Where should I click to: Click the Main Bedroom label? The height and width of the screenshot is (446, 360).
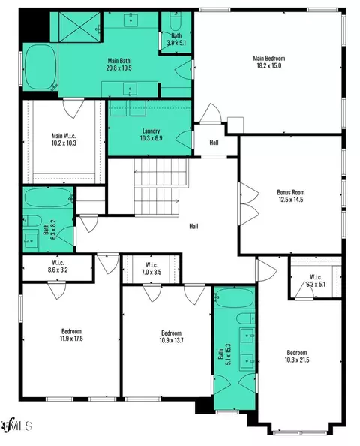268,59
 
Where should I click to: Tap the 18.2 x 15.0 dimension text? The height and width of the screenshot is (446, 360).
268,65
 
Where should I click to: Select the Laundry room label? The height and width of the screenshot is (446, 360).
151,131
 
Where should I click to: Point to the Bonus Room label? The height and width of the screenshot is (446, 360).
291,192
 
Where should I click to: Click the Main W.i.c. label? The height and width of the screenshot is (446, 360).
64,136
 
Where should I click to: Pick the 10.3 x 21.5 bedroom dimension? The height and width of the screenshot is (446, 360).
297,360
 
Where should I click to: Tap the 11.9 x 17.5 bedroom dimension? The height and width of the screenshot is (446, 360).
71,339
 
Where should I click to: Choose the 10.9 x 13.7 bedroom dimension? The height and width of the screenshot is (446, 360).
171,340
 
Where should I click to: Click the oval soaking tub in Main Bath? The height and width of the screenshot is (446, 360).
40,67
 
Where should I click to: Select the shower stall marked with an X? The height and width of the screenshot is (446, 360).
79,27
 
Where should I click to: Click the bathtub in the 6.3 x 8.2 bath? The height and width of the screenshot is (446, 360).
48,197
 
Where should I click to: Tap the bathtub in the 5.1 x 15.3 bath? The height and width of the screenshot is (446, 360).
235,297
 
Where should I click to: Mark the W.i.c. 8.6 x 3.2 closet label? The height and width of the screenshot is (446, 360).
58,266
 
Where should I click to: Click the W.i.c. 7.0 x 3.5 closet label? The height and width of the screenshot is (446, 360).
151,269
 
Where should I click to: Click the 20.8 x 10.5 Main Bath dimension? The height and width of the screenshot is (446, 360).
118,68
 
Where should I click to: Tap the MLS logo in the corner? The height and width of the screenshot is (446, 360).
16,426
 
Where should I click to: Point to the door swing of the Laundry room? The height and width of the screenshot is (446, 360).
184,140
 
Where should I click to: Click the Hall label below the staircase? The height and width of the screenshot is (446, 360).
193,227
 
